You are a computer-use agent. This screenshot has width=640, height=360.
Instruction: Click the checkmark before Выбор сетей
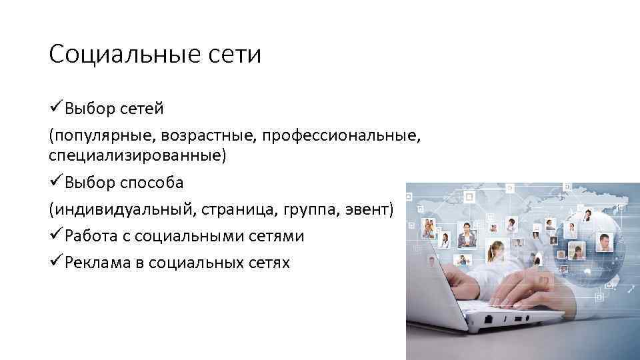coord(56,108)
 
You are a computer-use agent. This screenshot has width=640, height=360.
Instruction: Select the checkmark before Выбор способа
coord(56,182)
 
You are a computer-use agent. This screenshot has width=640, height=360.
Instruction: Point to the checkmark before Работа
coord(56,236)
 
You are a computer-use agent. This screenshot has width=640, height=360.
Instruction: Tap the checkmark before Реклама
coord(56,263)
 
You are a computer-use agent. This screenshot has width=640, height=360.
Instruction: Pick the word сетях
coord(267,263)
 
